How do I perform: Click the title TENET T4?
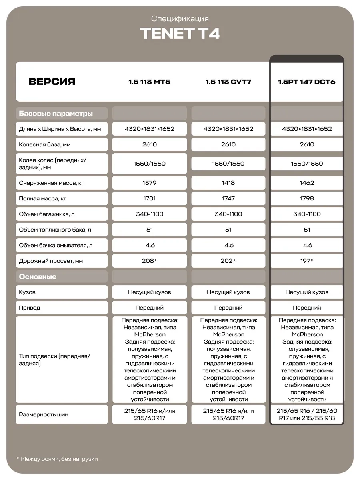click(180, 34)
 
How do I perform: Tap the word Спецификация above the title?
click(180, 18)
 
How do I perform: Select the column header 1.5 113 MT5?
click(149, 82)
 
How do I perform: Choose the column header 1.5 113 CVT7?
click(228, 82)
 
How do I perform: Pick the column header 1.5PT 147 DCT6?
click(307, 82)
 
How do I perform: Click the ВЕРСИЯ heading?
click(52, 82)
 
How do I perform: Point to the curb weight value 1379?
click(149, 183)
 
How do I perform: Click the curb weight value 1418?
click(228, 183)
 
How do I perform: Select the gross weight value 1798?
click(307, 198)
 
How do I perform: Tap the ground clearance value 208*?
click(149, 261)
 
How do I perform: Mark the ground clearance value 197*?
click(307, 261)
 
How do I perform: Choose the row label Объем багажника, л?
click(47, 214)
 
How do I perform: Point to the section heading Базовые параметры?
click(56, 114)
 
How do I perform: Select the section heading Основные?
click(38, 277)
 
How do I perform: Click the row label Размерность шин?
click(44, 414)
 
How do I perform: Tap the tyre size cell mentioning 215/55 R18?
click(307, 414)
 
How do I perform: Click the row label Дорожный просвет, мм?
click(51, 261)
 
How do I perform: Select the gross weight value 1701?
click(149, 198)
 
